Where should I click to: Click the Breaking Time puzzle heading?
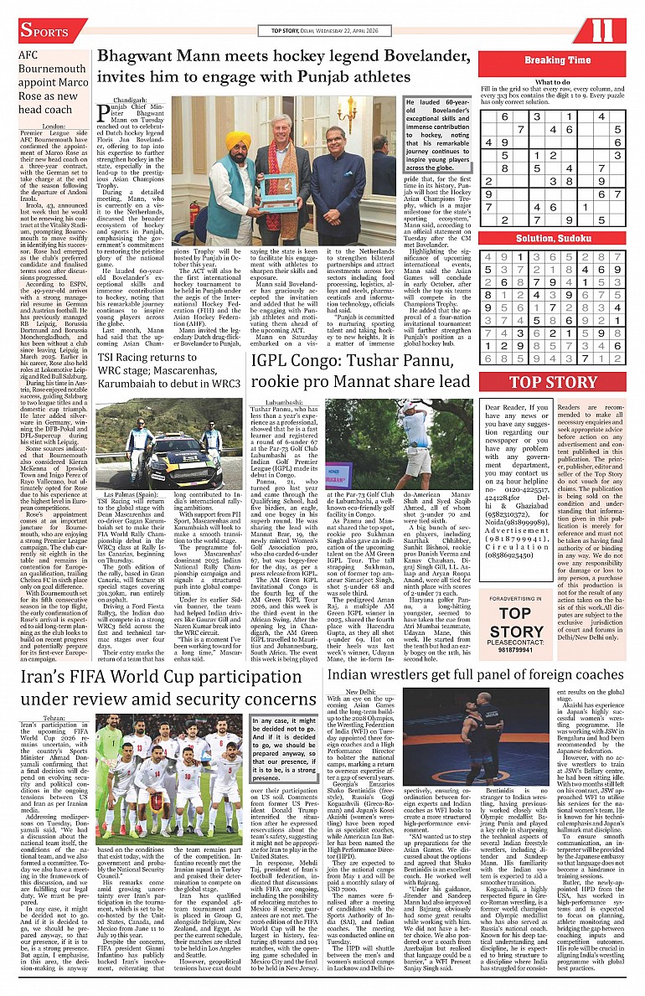557,60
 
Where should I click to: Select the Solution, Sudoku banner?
557,239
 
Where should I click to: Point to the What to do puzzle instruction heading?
553,81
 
